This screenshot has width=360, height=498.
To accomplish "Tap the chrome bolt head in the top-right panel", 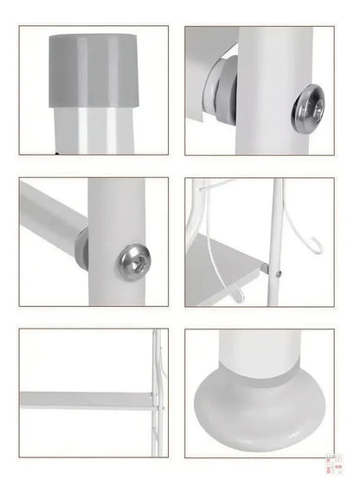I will pyautogui.click(x=307, y=111).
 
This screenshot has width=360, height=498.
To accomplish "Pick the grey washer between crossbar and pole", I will pyautogui.click(x=82, y=248).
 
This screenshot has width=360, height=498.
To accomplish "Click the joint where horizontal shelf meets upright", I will pyautogui.click(x=154, y=399).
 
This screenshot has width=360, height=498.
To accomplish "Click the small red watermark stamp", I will pyautogui.click(x=330, y=466).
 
